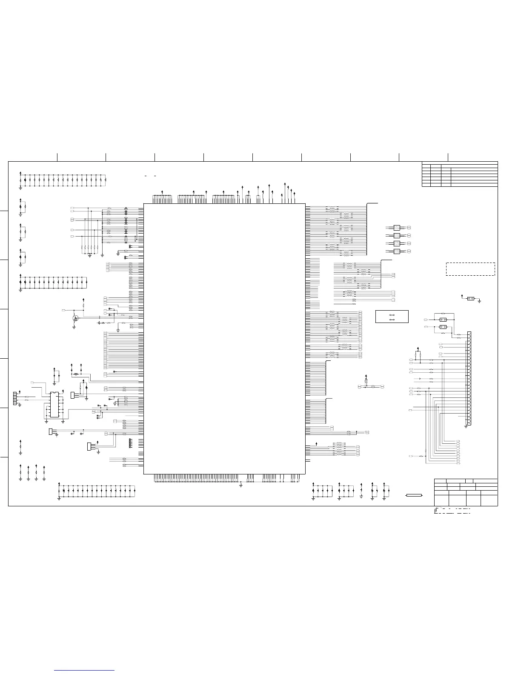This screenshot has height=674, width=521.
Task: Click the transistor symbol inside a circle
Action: point(75,317)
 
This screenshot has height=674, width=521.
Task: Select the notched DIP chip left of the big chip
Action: point(54,404)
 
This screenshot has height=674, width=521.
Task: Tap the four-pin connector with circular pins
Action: point(15,399)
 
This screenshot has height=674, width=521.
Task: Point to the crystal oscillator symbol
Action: point(77,374)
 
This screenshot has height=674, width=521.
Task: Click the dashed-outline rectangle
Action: point(470,269)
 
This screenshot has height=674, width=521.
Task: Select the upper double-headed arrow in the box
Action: point(392,315)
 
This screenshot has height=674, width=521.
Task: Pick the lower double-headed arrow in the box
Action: point(392,320)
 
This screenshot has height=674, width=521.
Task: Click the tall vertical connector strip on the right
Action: point(469,378)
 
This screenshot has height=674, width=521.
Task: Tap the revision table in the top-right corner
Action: point(459,174)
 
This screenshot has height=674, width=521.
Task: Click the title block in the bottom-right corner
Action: point(466,492)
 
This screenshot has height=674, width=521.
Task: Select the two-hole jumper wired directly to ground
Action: point(471,298)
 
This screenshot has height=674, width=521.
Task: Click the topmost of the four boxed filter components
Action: point(397,228)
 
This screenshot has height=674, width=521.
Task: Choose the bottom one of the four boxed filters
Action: point(397,251)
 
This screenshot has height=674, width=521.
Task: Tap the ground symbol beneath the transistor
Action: point(74,328)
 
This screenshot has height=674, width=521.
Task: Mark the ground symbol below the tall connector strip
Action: point(466,427)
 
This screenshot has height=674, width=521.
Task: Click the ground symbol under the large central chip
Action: point(241,485)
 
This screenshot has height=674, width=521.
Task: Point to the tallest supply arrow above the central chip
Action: point(285,183)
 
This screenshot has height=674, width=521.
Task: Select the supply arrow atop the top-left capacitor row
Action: point(21,173)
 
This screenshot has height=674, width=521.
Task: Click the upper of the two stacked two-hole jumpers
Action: point(443,319)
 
